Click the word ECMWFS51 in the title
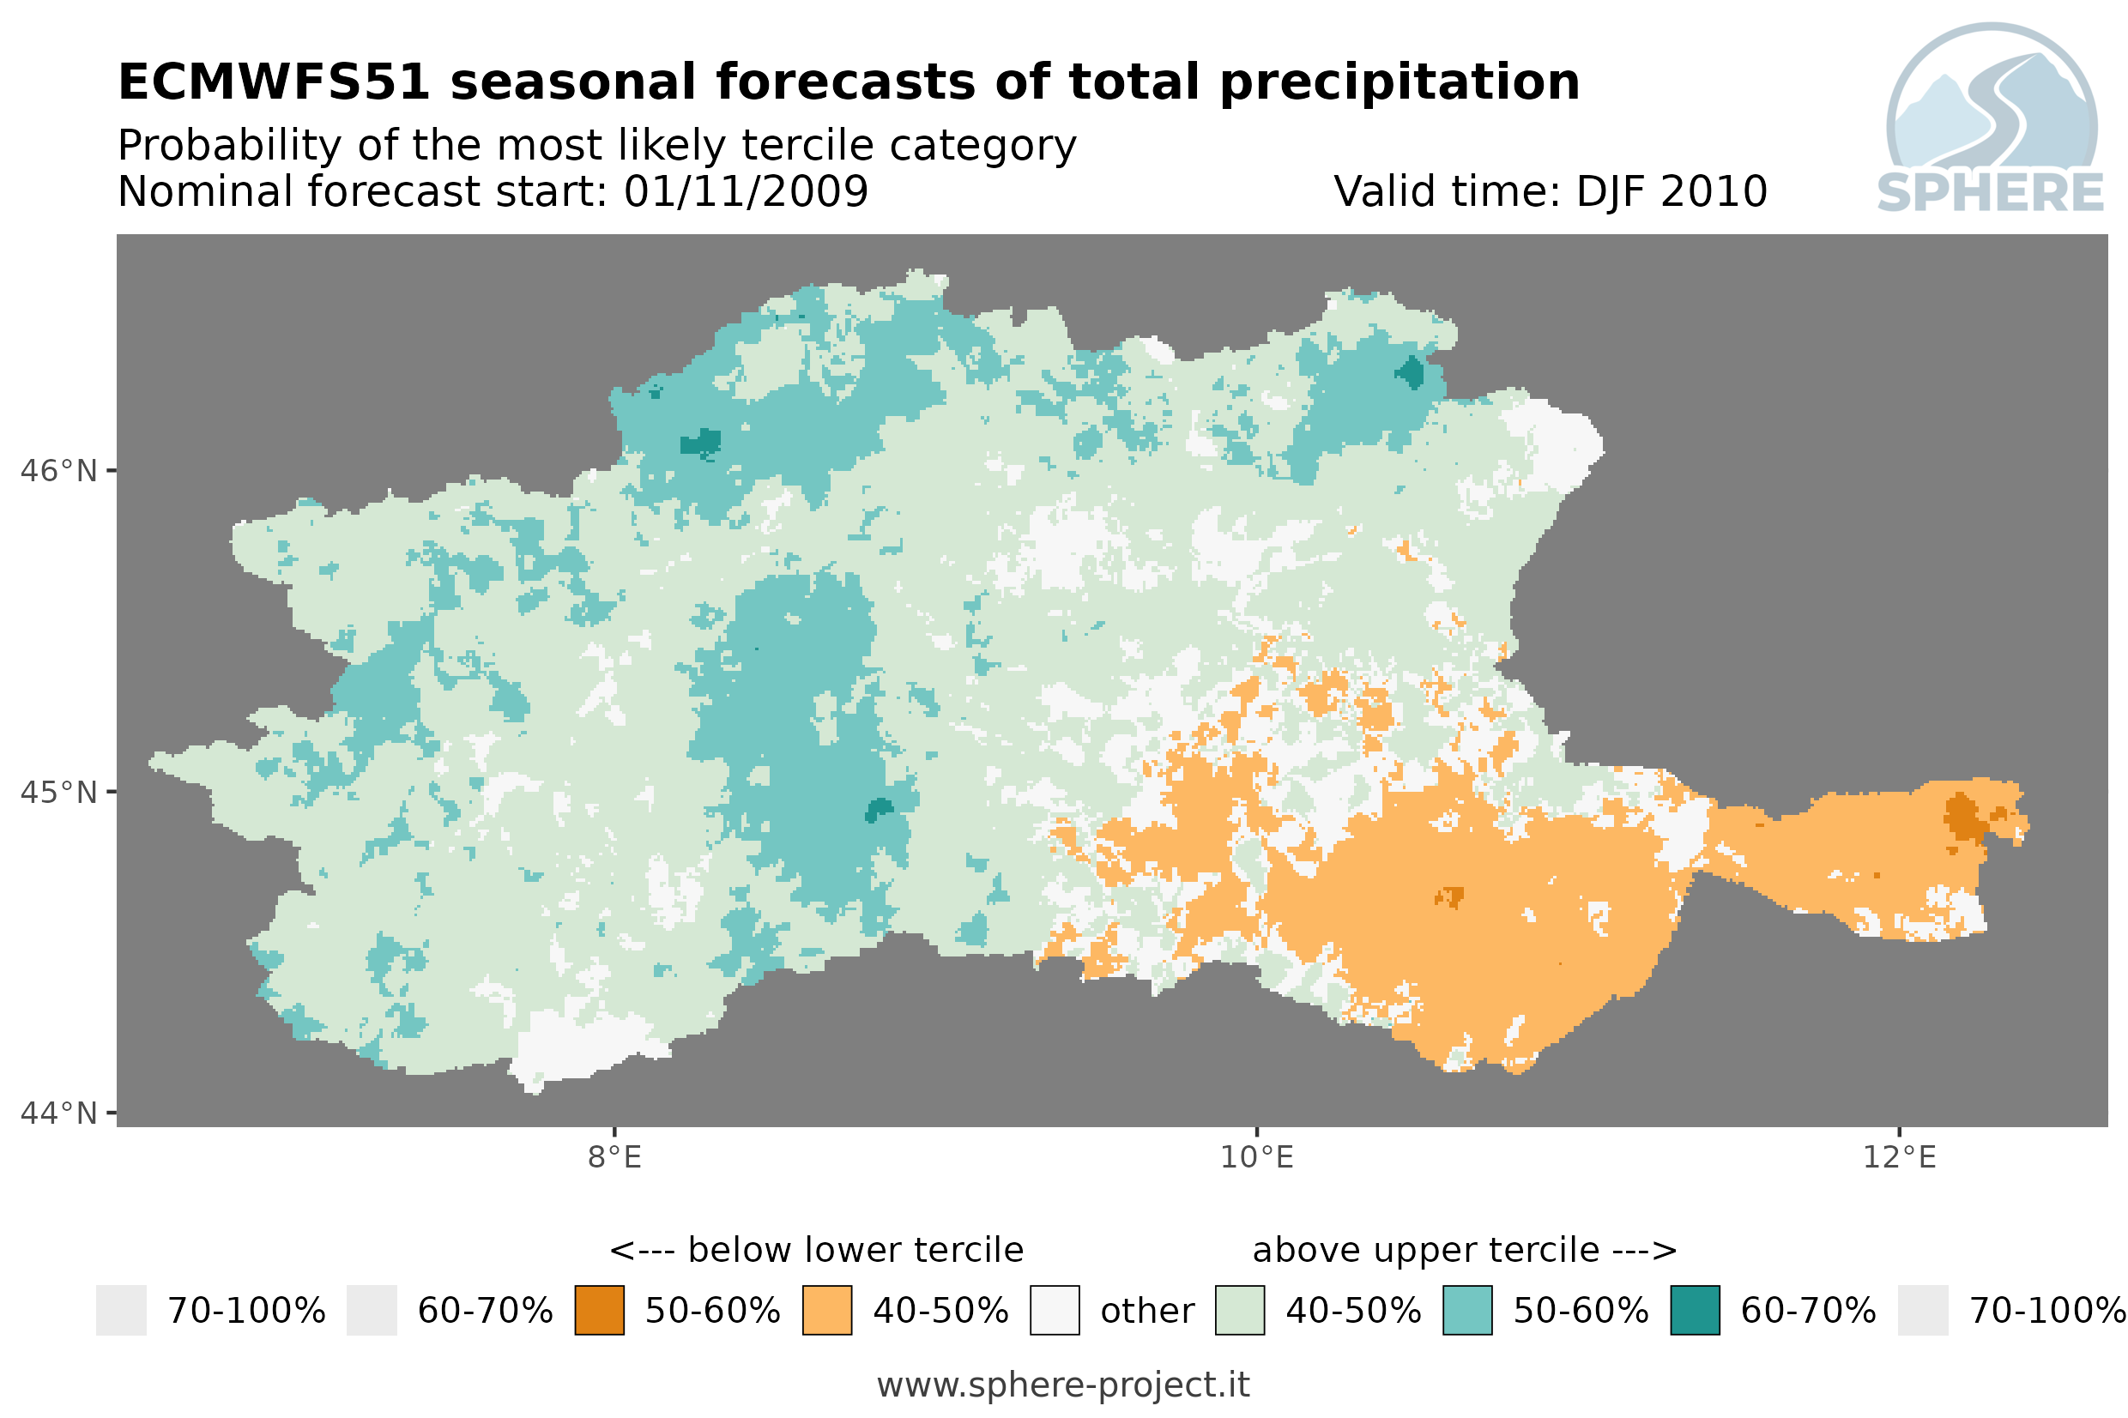click(273, 82)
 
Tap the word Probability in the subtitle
click(229, 146)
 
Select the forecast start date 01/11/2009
click(745, 191)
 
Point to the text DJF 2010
click(1671, 191)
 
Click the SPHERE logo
click(1990, 118)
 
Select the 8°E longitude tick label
click(615, 1156)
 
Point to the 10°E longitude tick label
click(1257, 1156)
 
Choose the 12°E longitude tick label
click(1899, 1156)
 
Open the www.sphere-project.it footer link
click(1063, 1385)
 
